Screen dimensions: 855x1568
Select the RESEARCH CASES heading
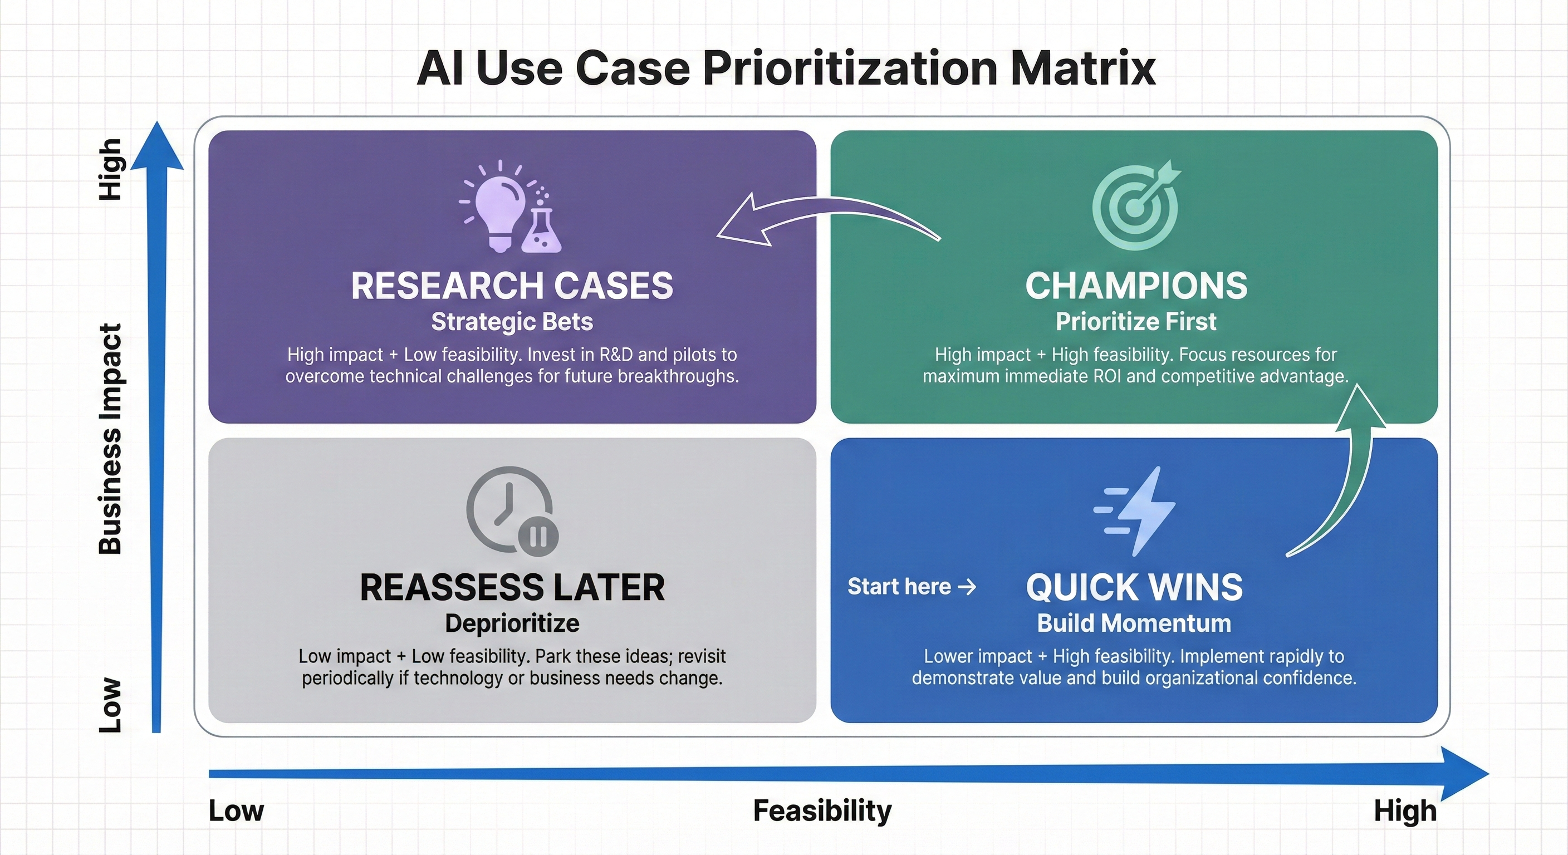[x=512, y=286]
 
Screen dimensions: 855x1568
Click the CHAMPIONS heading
[x=1136, y=286]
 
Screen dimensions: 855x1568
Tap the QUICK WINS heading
[x=1134, y=588]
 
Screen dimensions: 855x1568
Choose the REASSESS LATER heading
[x=512, y=588]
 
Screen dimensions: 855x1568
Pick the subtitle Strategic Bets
[x=512, y=322]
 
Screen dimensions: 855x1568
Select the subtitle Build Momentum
[x=1134, y=623]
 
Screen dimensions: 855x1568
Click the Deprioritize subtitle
[x=512, y=623]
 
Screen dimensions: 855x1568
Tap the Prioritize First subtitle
[x=1136, y=322]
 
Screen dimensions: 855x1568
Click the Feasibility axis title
[x=822, y=810]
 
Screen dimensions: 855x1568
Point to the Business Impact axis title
[x=110, y=438]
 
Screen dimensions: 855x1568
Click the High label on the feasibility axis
[x=1405, y=811]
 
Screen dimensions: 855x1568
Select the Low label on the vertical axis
[x=110, y=705]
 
